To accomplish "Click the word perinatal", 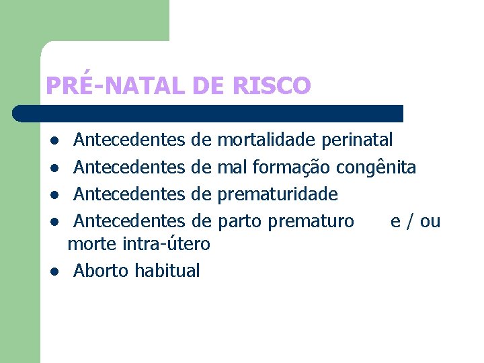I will click(x=358, y=140).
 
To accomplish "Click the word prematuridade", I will click(x=278, y=194).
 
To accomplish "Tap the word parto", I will click(x=240, y=221).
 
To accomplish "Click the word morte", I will click(x=92, y=244).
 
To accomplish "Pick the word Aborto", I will click(x=102, y=271).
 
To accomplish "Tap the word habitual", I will click(x=167, y=271).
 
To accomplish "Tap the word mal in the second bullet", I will click(x=231, y=167).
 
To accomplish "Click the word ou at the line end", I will click(x=430, y=221).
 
